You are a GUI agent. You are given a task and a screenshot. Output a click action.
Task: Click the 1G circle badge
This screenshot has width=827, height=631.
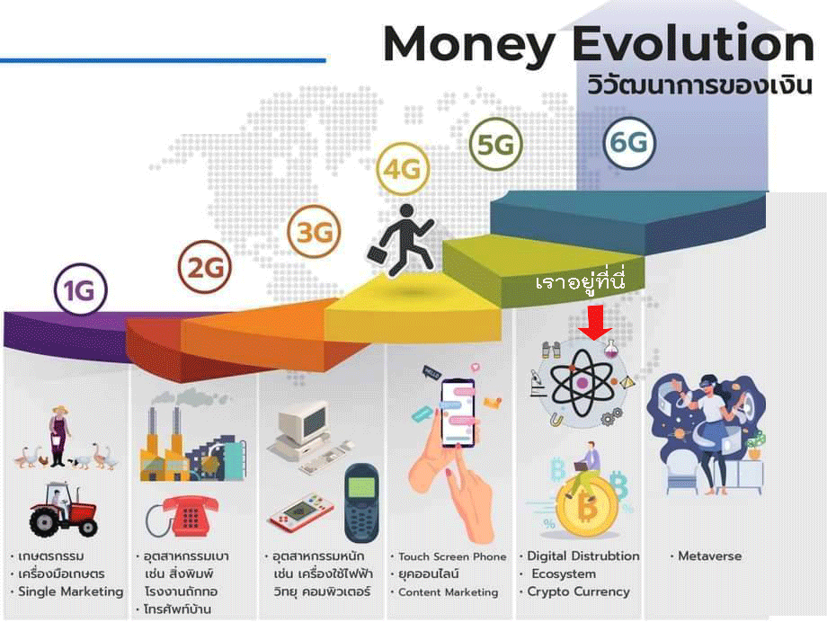81,289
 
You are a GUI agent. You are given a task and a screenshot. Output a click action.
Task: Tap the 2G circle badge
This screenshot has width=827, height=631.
205,267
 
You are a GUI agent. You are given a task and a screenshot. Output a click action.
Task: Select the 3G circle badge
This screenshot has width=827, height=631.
314,231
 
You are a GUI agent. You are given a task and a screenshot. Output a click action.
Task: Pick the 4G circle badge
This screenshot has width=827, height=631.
403,169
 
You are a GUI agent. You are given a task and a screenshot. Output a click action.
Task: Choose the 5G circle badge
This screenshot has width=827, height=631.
496,144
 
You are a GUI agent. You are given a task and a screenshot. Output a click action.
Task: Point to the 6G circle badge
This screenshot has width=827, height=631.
629,142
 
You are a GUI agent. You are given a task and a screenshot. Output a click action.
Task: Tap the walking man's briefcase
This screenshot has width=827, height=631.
378,255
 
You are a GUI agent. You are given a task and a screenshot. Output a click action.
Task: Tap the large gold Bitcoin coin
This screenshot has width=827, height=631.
586,506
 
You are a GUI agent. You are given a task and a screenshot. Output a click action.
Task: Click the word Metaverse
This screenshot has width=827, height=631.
709,556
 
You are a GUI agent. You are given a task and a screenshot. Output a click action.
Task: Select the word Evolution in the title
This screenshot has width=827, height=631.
693,44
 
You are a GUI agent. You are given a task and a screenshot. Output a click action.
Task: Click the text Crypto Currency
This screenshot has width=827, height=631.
579,592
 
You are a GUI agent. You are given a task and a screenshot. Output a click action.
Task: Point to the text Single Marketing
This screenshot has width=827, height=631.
71,592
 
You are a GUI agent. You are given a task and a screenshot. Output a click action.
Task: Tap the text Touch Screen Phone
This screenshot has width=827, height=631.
452,556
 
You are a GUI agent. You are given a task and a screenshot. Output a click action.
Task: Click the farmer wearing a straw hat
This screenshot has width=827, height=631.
59,436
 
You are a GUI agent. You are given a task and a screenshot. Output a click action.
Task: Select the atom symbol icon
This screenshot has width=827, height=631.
582,383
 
